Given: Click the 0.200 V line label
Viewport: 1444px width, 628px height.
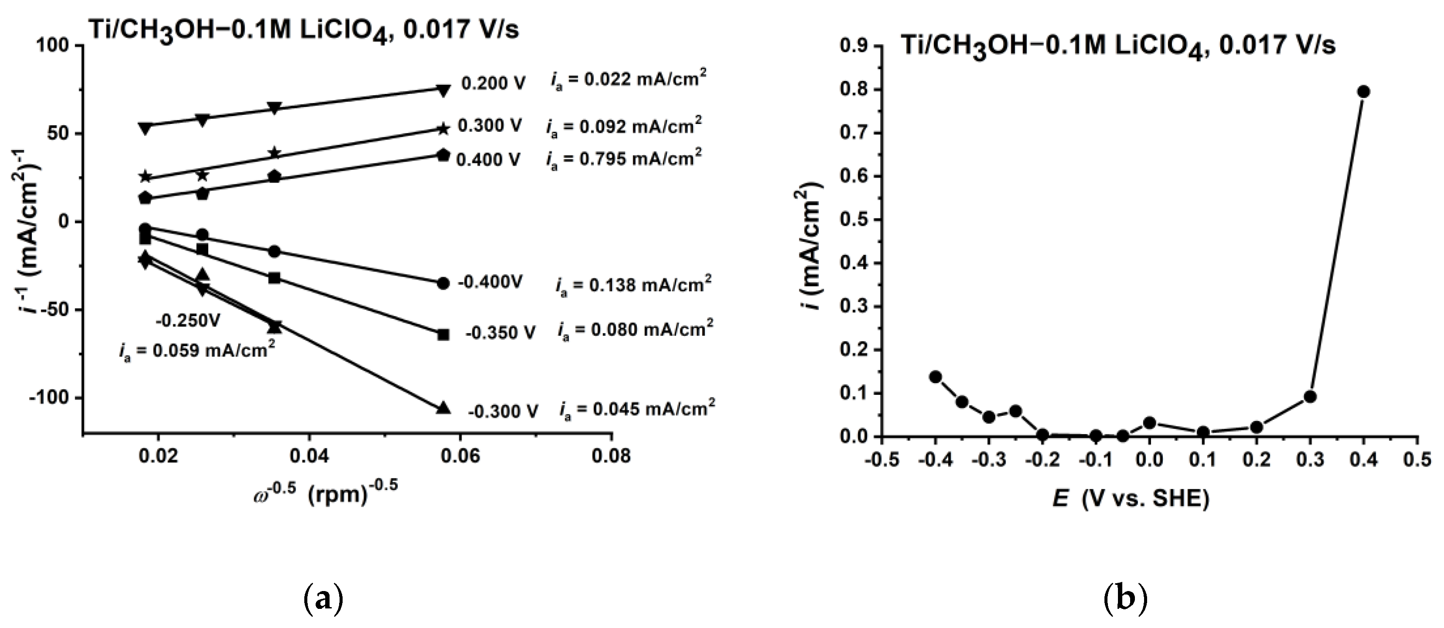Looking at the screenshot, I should [x=493, y=84].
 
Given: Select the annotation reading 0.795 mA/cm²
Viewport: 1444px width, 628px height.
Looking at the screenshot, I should [x=624, y=159].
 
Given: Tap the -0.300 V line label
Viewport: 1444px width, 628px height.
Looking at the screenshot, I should [x=503, y=412].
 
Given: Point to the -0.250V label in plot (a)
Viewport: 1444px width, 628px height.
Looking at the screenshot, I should [x=188, y=321].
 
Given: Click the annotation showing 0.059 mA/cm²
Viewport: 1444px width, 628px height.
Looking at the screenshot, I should [x=197, y=351].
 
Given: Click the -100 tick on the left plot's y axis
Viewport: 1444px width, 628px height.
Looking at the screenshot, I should [x=55, y=397].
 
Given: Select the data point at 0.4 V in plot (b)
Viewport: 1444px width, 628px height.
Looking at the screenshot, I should [x=1364, y=92].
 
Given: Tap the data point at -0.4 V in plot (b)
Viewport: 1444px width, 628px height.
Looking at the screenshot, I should [x=936, y=377].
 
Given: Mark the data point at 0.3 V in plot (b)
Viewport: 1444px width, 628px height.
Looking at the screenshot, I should [x=1310, y=397].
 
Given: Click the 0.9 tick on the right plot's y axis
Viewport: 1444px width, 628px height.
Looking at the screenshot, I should [x=854, y=46].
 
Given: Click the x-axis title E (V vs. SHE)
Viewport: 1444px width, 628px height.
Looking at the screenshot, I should [x=1130, y=498].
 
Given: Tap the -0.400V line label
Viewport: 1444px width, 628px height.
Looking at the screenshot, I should [x=490, y=282].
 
